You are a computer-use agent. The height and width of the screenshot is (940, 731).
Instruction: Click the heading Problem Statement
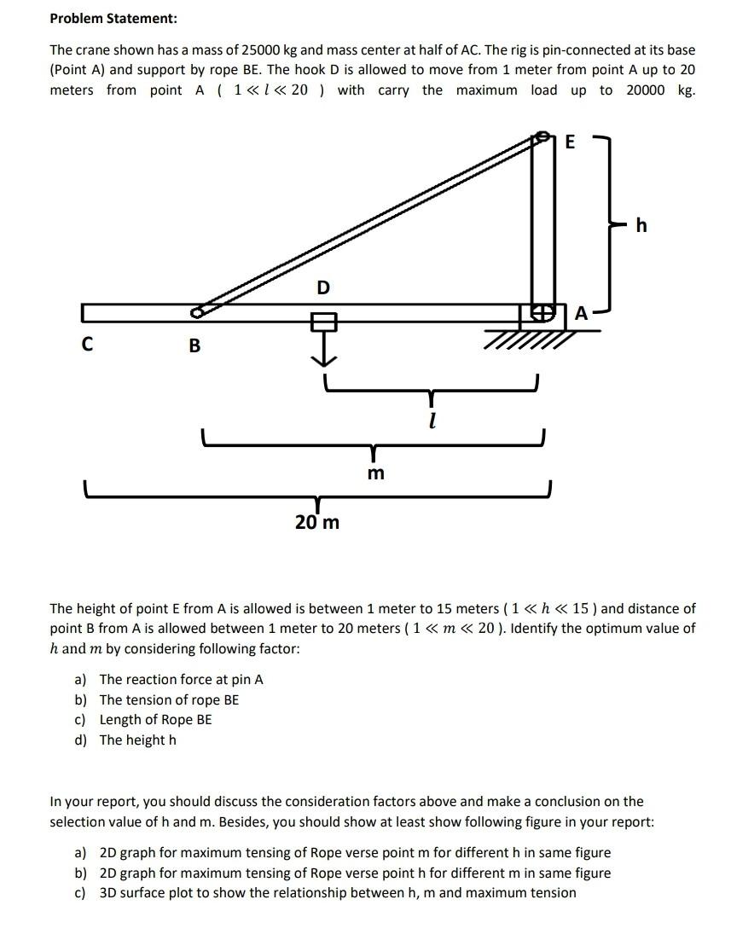(x=113, y=18)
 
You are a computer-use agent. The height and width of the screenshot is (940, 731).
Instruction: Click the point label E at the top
(x=571, y=142)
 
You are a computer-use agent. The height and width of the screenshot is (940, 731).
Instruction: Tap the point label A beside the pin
(x=581, y=313)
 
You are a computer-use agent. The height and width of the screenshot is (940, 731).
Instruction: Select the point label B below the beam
(x=194, y=345)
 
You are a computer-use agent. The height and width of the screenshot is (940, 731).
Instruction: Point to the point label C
(x=87, y=345)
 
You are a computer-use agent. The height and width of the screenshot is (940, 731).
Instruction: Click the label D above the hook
(x=323, y=288)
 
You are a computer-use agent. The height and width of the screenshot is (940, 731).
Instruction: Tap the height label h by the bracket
(x=641, y=225)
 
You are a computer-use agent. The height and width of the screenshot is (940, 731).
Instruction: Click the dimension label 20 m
(x=317, y=522)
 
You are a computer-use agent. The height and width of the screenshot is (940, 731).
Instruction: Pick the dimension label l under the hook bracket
(x=433, y=421)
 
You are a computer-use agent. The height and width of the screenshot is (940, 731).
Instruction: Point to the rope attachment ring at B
(x=197, y=313)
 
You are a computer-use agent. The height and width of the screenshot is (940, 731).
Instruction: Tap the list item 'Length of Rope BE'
(x=155, y=719)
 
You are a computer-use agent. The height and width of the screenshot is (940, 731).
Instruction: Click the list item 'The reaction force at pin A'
(x=181, y=679)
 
